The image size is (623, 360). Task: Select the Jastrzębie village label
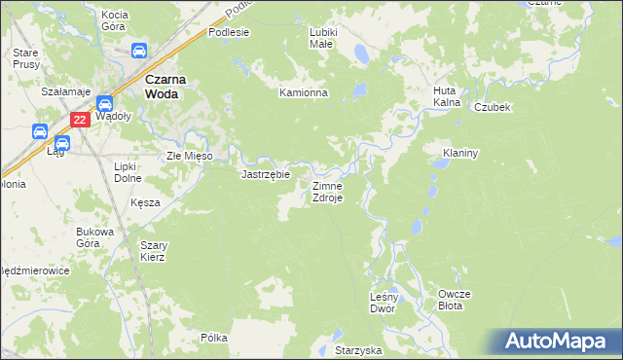pos(266,175)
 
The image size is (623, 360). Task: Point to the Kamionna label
pos(304,93)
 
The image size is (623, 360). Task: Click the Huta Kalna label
pos(446,96)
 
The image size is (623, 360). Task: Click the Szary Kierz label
pos(153,251)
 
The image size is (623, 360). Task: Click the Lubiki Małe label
pos(322,38)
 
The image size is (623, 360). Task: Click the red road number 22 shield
pos(81,120)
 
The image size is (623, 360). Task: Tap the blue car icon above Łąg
pos(42,131)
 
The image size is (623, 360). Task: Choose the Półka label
pos(214,338)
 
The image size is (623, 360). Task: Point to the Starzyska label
pos(358,349)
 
